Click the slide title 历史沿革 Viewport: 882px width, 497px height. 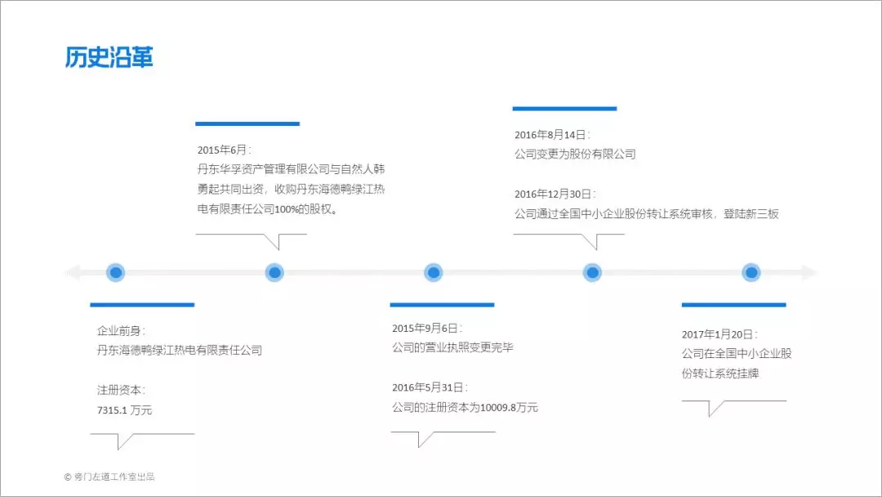109,57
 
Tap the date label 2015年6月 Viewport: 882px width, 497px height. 221,150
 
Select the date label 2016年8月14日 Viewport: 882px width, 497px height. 550,135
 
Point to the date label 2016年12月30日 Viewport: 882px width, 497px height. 553,195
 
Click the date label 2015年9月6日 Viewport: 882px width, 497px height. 425,328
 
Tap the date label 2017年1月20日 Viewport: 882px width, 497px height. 717,334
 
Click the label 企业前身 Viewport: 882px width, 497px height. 118,331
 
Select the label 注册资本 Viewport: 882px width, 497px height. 118,390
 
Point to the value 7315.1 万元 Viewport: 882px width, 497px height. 124,410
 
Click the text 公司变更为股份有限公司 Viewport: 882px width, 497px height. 575,154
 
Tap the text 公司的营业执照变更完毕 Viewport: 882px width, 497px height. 452,347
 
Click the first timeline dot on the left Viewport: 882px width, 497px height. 116,272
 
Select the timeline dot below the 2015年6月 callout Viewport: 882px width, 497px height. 274,272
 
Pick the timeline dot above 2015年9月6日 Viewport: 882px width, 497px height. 433,272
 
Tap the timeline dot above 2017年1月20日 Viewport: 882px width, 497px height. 751,272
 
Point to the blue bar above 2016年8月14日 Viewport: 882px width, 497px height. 565,109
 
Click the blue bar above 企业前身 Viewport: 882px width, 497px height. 142,305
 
